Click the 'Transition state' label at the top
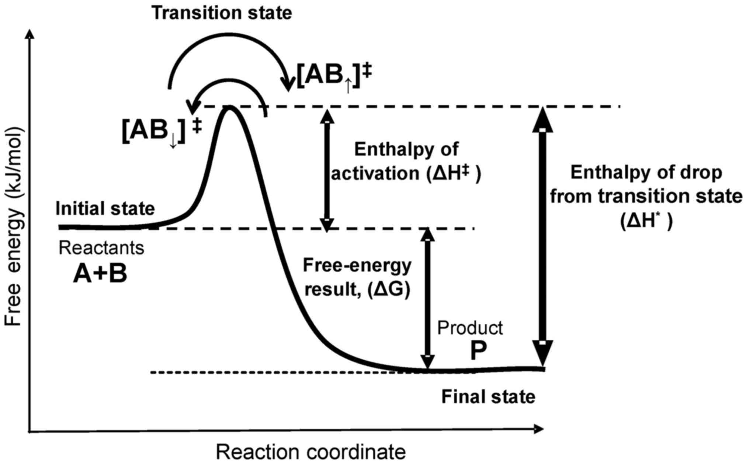pyautogui.click(x=222, y=13)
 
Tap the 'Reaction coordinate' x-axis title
pyautogui.click(x=311, y=452)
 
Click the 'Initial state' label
pyautogui.click(x=105, y=208)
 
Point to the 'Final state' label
pyautogui.click(x=488, y=397)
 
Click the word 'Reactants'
pyautogui.click(x=101, y=248)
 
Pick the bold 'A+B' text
pyautogui.click(x=100, y=274)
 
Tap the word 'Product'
pyautogui.click(x=470, y=328)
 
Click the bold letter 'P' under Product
pyautogui.click(x=478, y=351)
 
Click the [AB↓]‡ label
pyautogui.click(x=162, y=131)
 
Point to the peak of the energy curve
pyautogui.click(x=230, y=108)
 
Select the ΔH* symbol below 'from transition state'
pyautogui.click(x=646, y=221)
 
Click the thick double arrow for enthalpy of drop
pyautogui.click(x=542, y=236)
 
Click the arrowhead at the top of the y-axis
pyautogui.click(x=31, y=34)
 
